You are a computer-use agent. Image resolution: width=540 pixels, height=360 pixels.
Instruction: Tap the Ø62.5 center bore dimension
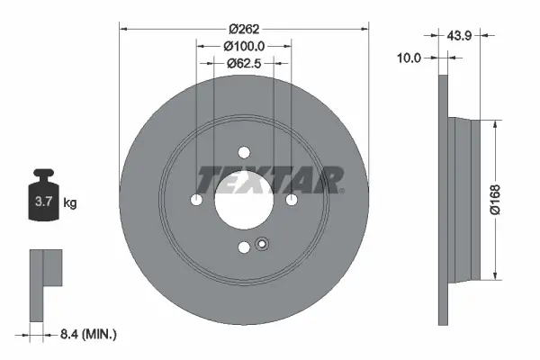pos(244,63)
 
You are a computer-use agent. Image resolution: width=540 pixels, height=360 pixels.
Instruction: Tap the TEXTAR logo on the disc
pos(269,180)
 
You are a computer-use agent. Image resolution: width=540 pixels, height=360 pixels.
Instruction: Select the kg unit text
pos(70,203)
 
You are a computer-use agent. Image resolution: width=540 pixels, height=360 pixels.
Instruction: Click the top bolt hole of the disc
pos(245,153)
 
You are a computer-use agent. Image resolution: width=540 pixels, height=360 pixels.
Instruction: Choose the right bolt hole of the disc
pos(292,200)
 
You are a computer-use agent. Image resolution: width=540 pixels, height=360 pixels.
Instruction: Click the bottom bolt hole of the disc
pos(245,247)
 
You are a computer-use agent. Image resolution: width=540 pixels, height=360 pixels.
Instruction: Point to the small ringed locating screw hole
pos(262,243)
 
